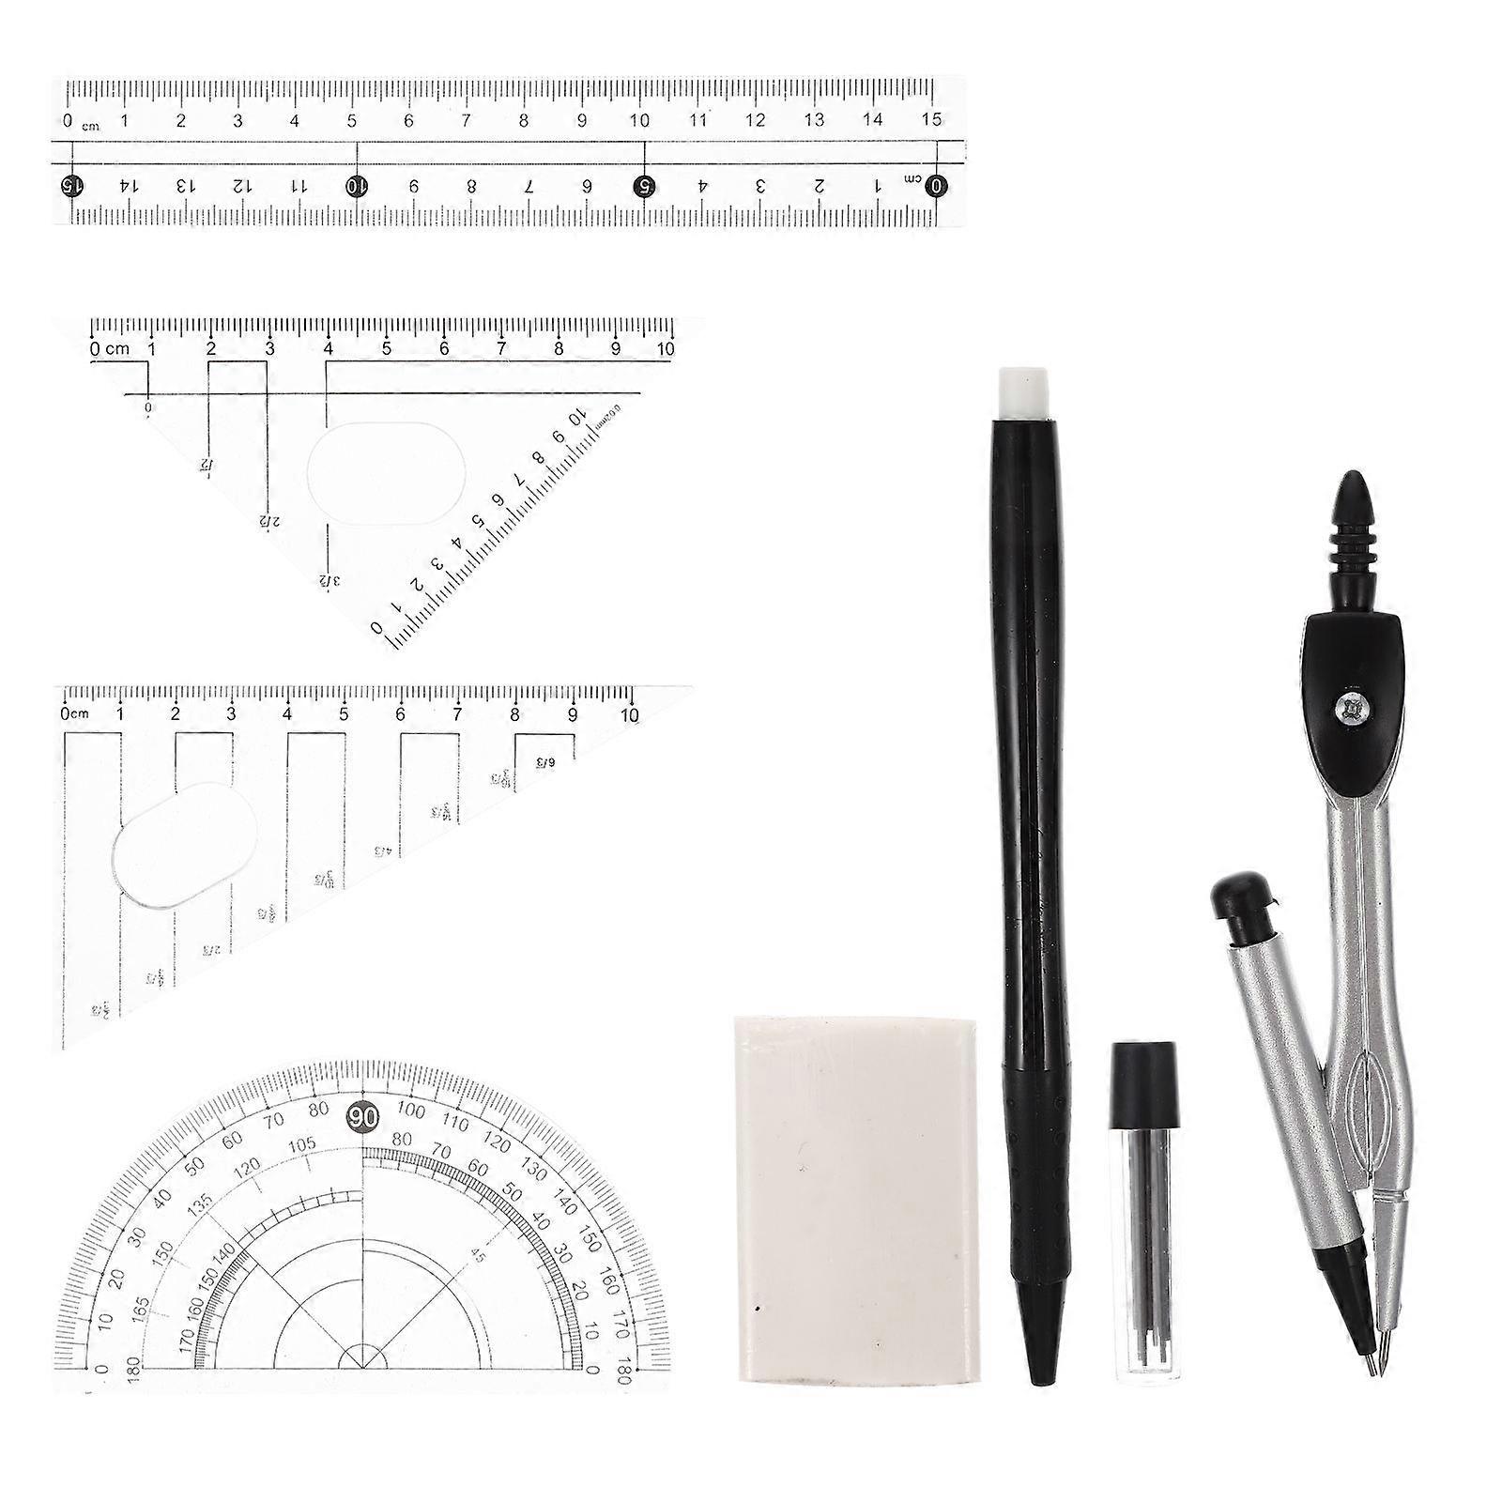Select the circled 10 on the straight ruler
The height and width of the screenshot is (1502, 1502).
pos(356,185)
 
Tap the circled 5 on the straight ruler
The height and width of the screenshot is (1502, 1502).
pos(643,185)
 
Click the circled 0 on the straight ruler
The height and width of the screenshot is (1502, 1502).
pos(935,185)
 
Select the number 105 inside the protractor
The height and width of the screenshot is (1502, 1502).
pos(301,1146)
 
